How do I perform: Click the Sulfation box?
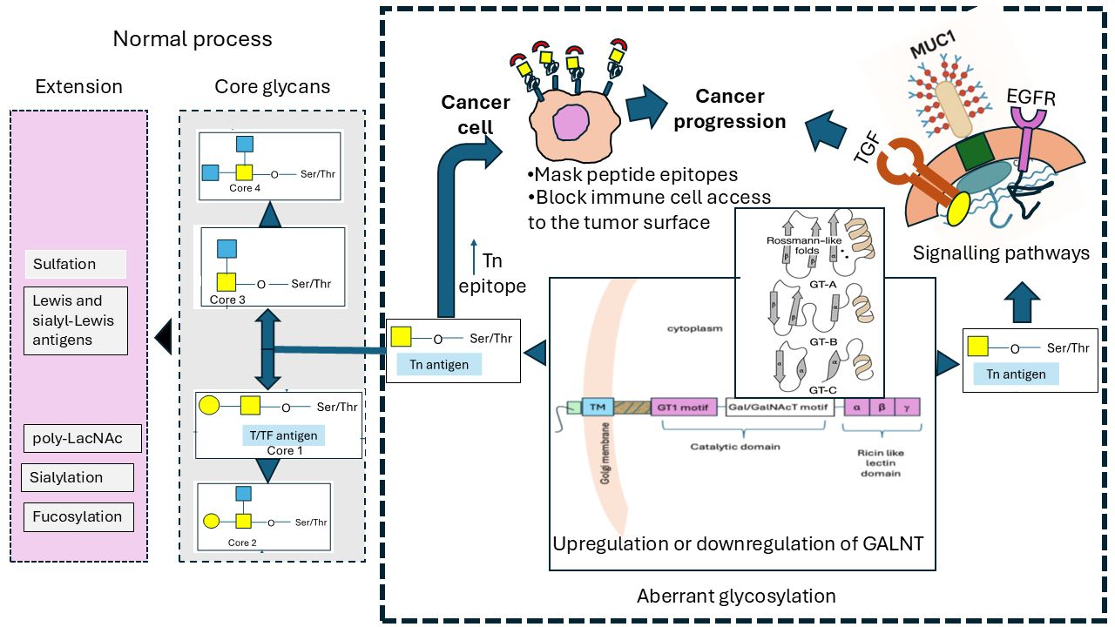pyautogui.click(x=76, y=264)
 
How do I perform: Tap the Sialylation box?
pyautogui.click(x=78, y=477)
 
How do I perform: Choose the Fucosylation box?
pyautogui.click(x=78, y=516)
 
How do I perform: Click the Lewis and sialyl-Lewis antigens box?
pyautogui.click(x=75, y=320)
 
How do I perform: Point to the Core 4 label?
pyautogui.click(x=246, y=188)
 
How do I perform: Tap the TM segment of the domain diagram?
pyautogui.click(x=597, y=407)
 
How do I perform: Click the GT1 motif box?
pyautogui.click(x=684, y=407)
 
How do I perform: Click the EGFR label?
pyautogui.click(x=1031, y=98)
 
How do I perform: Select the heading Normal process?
pyautogui.click(x=193, y=39)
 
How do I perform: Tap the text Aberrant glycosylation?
pyautogui.click(x=736, y=597)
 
